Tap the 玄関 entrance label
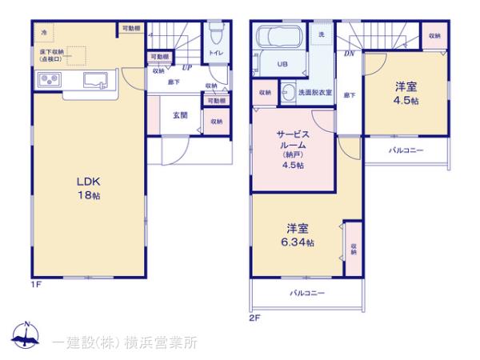click(180, 115)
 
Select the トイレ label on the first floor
click(215, 53)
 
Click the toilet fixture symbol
click(215, 34)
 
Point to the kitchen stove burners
click(48, 79)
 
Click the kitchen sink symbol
click(97, 78)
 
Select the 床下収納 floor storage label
click(52, 55)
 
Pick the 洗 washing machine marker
click(322, 35)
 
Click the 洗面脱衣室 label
click(314, 93)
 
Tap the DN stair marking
click(349, 54)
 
